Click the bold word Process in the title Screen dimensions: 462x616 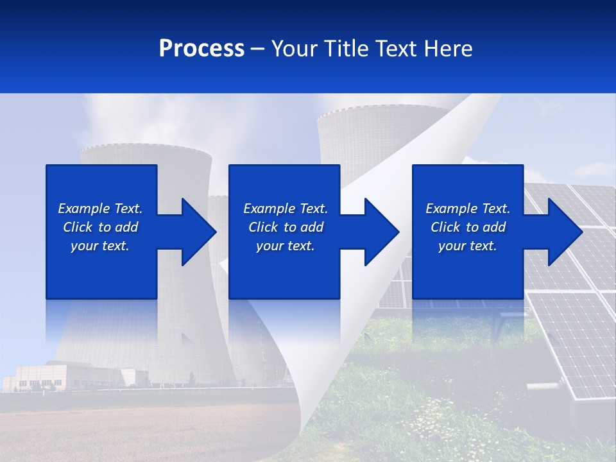(x=201, y=49)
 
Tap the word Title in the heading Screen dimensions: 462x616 (x=341, y=49)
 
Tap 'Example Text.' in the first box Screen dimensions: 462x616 (x=100, y=209)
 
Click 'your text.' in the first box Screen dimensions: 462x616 (x=100, y=246)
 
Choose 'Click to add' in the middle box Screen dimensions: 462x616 (x=286, y=227)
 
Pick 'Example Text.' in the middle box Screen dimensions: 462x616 (x=286, y=209)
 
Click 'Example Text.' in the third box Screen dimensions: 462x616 (x=468, y=209)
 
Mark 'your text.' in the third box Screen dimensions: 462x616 (x=468, y=246)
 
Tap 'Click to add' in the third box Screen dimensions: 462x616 (x=468, y=227)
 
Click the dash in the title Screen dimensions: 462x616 (x=257, y=49)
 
